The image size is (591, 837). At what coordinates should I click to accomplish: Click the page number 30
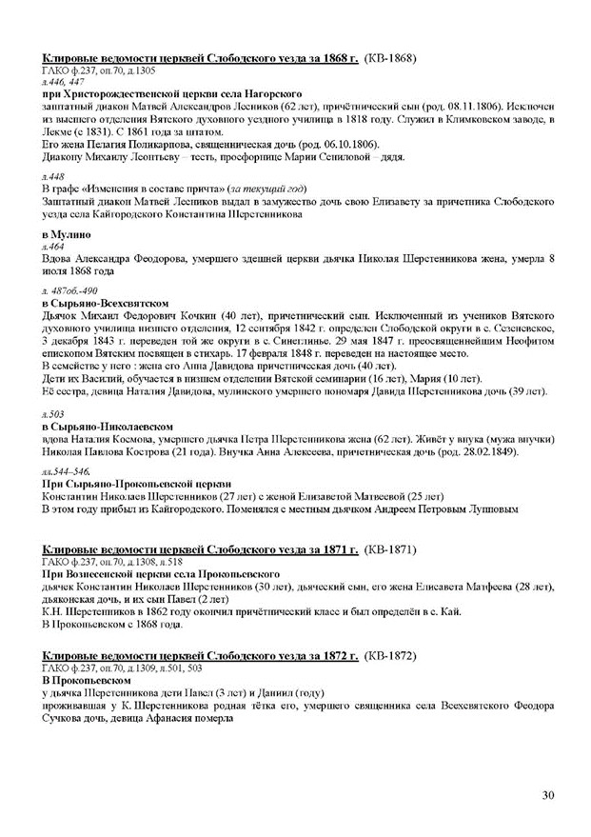pyautogui.click(x=546, y=796)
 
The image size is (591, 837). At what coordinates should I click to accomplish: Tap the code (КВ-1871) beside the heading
pyautogui.click(x=391, y=550)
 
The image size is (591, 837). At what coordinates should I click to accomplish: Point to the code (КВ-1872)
pyautogui.click(x=391, y=656)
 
